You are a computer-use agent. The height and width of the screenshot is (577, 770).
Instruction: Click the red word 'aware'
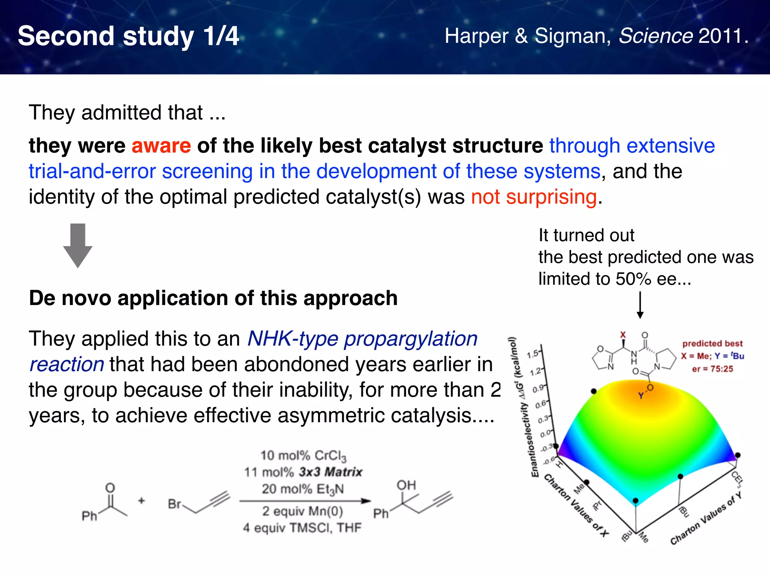161,146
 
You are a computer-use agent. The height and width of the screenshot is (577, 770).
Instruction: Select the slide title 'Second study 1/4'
128,36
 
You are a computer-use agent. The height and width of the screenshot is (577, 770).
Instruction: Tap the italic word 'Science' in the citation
655,36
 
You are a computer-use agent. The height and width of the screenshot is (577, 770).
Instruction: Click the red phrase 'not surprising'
534,197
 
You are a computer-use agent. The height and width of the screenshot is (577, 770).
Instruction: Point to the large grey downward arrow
78,246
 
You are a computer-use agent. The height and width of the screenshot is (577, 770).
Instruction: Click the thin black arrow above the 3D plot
640,305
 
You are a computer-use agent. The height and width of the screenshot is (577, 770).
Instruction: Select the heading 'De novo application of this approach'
213,298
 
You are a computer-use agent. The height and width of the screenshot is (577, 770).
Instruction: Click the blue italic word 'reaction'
67,365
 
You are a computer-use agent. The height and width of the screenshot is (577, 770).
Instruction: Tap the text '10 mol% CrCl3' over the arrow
303,456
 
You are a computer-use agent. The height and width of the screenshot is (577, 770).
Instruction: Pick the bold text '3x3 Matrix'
330,472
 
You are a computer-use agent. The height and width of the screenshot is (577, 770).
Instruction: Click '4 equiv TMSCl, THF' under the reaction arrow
302,528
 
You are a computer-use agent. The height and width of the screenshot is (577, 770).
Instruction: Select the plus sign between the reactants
141,501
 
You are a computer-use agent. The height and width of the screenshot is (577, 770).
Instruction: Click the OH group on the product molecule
406,485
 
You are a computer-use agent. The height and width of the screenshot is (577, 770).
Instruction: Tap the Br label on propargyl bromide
174,504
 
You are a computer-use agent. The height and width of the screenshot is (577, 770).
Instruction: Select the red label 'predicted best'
712,343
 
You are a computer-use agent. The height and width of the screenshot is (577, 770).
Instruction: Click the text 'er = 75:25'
712,369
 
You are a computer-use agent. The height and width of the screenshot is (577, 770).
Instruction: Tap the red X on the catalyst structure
623,334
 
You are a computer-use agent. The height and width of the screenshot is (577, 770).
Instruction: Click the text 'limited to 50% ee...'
615,279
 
